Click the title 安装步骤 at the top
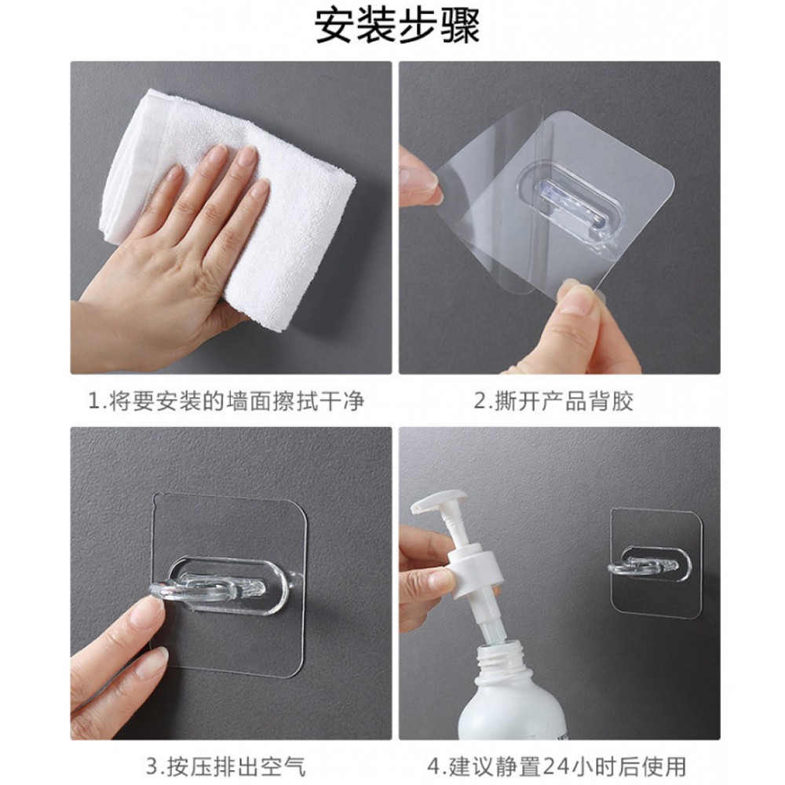click(397, 26)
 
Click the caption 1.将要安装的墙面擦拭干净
click(226, 401)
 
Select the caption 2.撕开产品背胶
click(553, 401)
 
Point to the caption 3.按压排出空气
click(226, 766)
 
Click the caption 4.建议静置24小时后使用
click(557, 766)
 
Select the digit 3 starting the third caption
click(152, 766)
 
